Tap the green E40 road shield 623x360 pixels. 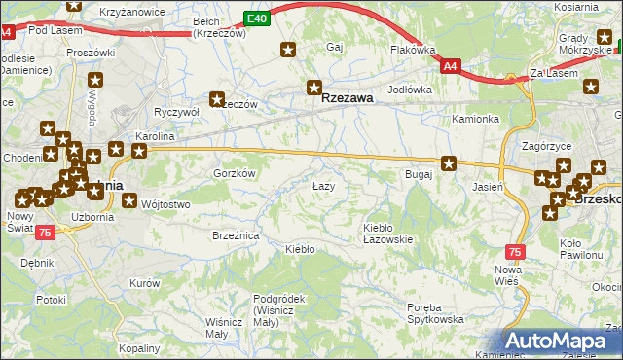tap(256, 18)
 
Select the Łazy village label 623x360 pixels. tap(323, 185)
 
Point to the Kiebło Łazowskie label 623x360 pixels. tap(388, 233)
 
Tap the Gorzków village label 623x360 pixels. tap(234, 172)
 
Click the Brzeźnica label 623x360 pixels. tap(235, 235)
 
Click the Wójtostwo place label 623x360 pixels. tap(165, 204)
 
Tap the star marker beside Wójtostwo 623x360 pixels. tap(130, 201)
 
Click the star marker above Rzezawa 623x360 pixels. tap(313, 86)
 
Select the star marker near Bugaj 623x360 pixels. tap(449, 163)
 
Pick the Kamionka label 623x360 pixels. tap(475, 119)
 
